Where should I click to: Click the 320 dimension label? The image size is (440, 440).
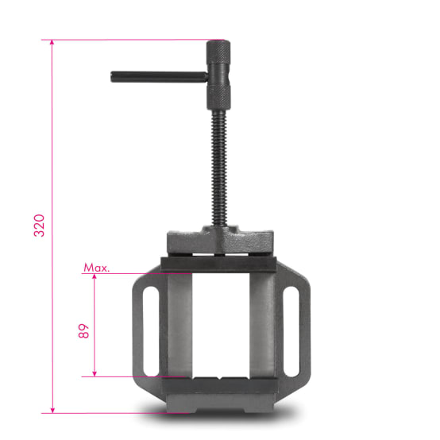click(39, 226)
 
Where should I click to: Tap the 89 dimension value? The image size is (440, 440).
click(83, 331)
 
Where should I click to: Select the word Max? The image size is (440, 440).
click(96, 268)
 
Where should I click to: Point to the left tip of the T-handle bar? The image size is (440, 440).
click(114, 77)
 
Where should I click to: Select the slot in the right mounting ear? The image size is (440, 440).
click(292, 326)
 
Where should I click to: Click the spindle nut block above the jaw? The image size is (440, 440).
click(220, 239)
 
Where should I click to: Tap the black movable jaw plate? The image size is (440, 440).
click(219, 263)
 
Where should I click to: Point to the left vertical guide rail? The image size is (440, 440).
click(179, 326)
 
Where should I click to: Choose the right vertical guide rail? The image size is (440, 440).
click(261, 326)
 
